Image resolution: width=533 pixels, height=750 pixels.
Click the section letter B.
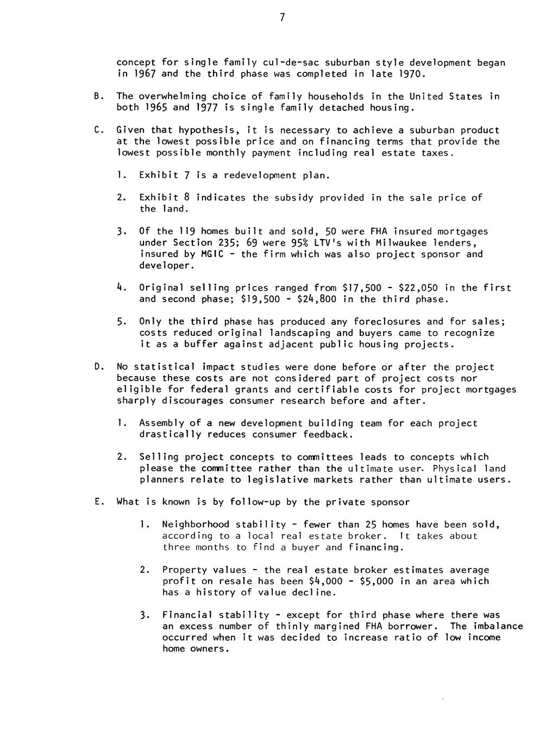[96, 96]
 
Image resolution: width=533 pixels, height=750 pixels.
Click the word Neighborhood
[196, 524]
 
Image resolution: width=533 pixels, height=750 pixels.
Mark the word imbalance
[497, 626]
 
